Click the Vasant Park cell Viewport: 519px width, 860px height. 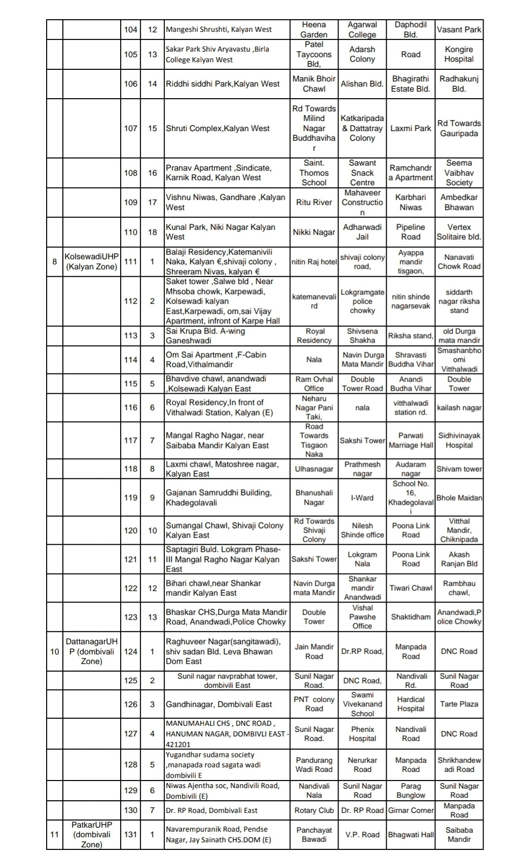pyautogui.click(x=459, y=29)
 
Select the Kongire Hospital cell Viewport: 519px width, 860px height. pyautogui.click(x=459, y=54)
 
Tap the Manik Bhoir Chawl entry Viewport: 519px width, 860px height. pyautogui.click(x=314, y=84)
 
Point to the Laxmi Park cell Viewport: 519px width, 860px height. pyautogui.click(x=411, y=128)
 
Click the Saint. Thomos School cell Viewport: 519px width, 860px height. pyautogui.click(x=314, y=173)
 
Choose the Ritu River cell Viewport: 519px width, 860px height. pyautogui.click(x=314, y=202)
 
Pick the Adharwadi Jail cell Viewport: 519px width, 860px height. pyautogui.click(x=362, y=232)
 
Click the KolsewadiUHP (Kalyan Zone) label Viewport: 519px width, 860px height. pyautogui.click(x=91, y=261)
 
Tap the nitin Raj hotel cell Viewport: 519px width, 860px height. pyautogui.click(x=314, y=262)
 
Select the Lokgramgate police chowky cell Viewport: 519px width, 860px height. pyautogui.click(x=362, y=301)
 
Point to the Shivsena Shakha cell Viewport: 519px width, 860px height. pyautogui.click(x=362, y=336)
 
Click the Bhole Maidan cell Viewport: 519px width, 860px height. pyautogui.click(x=459, y=498)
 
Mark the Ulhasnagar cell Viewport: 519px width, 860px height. pyautogui.click(x=314, y=469)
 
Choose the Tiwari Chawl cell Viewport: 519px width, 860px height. pyautogui.click(x=411, y=588)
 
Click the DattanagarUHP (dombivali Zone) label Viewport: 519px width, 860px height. pyautogui.click(x=91, y=651)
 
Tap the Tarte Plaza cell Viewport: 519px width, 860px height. pyautogui.click(x=459, y=704)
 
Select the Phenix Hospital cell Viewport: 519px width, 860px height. pyautogui.click(x=362, y=733)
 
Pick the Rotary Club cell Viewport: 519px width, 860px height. pyautogui.click(x=314, y=810)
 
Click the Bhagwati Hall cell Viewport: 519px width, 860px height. pyautogui.click(x=411, y=834)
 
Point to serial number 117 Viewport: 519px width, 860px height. pyautogui.click(x=131, y=440)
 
